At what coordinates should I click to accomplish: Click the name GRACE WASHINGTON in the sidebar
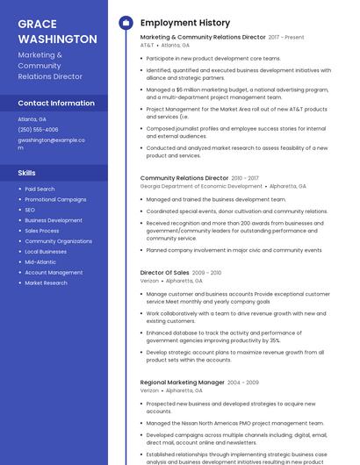pyautogui.click(x=57, y=32)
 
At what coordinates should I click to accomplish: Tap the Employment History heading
pyautogui.click(x=184, y=23)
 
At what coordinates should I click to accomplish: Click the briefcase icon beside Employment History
pyautogui.click(x=126, y=23)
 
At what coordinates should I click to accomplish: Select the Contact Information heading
pyautogui.click(x=56, y=103)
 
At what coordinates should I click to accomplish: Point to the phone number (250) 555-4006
pyautogui.click(x=38, y=129)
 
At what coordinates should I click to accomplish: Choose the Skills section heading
pyautogui.click(x=27, y=173)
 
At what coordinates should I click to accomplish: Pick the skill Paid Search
pyautogui.click(x=40, y=189)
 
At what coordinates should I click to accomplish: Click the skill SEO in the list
pyautogui.click(x=30, y=210)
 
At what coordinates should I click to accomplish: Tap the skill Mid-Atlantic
pyautogui.click(x=40, y=262)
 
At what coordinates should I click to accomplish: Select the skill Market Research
pyautogui.click(x=46, y=283)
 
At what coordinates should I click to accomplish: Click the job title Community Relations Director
pyautogui.click(x=184, y=178)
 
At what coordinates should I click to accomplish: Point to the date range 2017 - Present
pyautogui.click(x=286, y=38)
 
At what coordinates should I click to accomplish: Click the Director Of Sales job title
pyautogui.click(x=164, y=273)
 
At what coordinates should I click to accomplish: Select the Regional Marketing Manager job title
pyautogui.click(x=182, y=383)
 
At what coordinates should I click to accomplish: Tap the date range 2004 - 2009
pyautogui.click(x=243, y=383)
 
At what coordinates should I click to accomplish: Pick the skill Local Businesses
pyautogui.click(x=46, y=252)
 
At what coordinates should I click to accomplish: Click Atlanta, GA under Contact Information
pyautogui.click(x=32, y=118)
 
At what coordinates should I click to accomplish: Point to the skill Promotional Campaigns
pyautogui.click(x=55, y=199)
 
